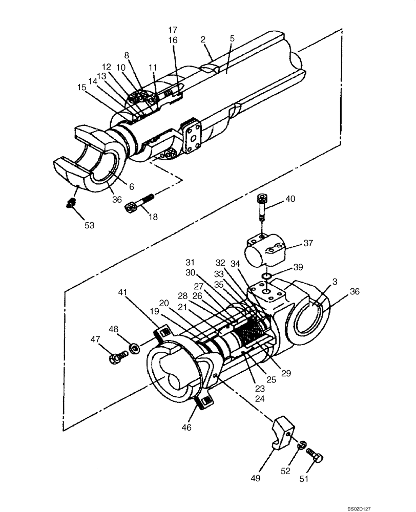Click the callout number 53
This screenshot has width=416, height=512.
pyautogui.click(x=90, y=225)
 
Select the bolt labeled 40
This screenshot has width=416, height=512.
pyautogui.click(x=262, y=207)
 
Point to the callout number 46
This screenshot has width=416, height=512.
pyautogui.click(x=188, y=426)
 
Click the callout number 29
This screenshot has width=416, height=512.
pyautogui.click(x=285, y=374)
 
